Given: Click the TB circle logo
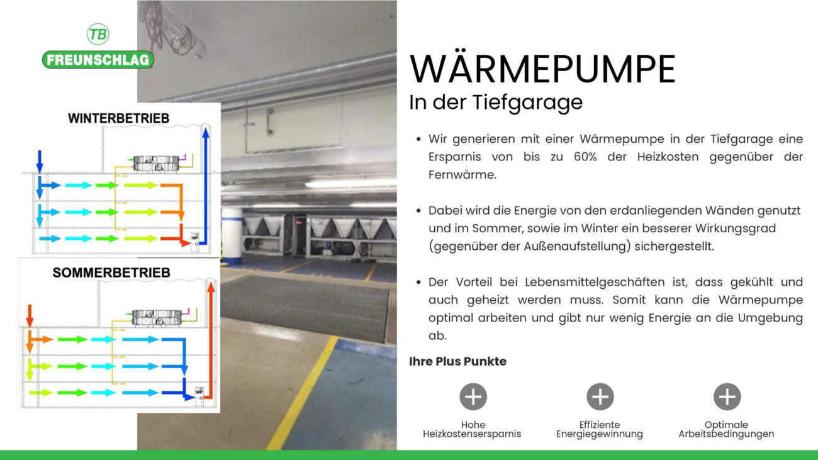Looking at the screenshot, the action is point(98,35).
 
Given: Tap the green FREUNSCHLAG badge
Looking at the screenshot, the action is point(98,60).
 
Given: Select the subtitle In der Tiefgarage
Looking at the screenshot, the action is point(496,103).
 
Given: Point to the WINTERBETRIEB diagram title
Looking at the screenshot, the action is point(119,118).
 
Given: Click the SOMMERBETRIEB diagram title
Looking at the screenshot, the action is point(111,272).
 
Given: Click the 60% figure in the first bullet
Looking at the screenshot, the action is point(585,157).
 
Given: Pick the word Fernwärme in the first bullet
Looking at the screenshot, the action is point(462,175).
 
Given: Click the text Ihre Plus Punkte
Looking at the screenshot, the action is point(457,361).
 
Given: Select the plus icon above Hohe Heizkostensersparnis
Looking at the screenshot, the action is point(473,396).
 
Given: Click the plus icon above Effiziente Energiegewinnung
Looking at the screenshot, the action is point(600,396).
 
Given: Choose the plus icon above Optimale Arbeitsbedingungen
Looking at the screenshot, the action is point(727,396).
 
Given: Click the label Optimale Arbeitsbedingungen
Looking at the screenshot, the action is point(726,429).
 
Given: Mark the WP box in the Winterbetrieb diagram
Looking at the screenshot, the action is point(194,241).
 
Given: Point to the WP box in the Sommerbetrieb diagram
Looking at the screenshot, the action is point(199,396).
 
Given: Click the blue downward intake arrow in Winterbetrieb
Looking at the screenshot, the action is point(40,161).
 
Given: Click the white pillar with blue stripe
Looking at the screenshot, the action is point(232,236).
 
